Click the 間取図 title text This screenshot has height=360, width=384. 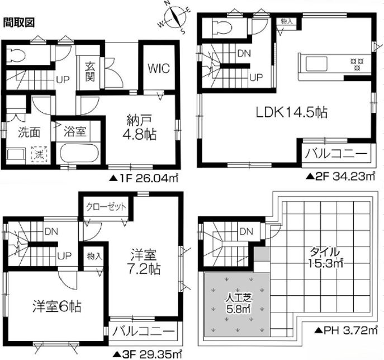click(19, 23)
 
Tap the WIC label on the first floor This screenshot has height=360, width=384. click(159, 68)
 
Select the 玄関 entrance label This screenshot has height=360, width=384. click(90, 72)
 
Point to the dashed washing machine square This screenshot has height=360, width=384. click(39, 154)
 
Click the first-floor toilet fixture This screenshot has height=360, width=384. click(16, 56)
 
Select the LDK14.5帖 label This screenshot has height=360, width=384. click(291, 113)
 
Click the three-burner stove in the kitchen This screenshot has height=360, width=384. click(357, 64)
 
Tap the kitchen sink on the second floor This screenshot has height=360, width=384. click(316, 64)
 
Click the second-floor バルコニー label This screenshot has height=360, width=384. click(336, 154)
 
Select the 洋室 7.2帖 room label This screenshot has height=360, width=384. click(145, 262)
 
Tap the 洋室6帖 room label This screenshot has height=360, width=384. click(57, 306)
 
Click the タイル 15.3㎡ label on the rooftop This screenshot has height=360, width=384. click(325, 258)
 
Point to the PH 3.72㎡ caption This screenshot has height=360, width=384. click(345, 330)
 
